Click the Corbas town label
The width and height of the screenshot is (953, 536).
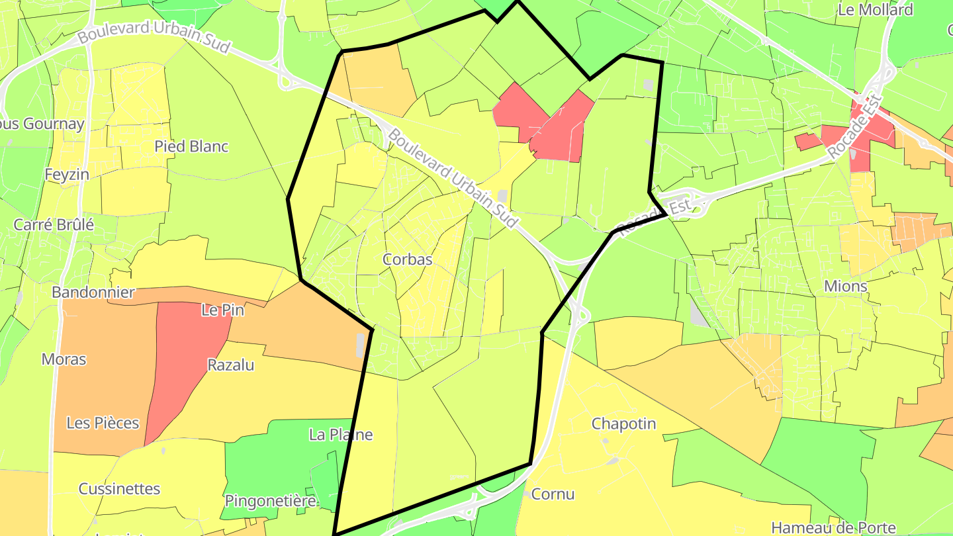click(407, 259)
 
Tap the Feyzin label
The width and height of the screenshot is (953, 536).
click(67, 175)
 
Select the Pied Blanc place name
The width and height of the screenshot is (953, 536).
click(191, 146)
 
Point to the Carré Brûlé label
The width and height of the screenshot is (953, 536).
click(54, 224)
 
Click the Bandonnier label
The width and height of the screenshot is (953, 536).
click(93, 292)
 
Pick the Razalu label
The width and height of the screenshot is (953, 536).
click(231, 365)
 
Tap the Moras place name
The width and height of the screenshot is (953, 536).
click(64, 359)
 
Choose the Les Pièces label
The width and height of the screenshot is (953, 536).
click(103, 423)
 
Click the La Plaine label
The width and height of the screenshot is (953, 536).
click(341, 435)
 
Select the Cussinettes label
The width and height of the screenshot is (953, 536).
click(119, 489)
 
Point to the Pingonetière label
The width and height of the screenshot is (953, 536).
click(270, 501)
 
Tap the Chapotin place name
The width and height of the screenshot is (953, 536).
click(623, 424)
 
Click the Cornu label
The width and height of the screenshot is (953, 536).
click(553, 494)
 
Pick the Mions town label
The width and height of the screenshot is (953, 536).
click(845, 287)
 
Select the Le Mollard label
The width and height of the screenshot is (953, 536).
click(875, 10)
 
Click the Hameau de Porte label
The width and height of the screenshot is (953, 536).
click(833, 528)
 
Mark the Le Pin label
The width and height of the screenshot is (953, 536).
click(223, 310)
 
